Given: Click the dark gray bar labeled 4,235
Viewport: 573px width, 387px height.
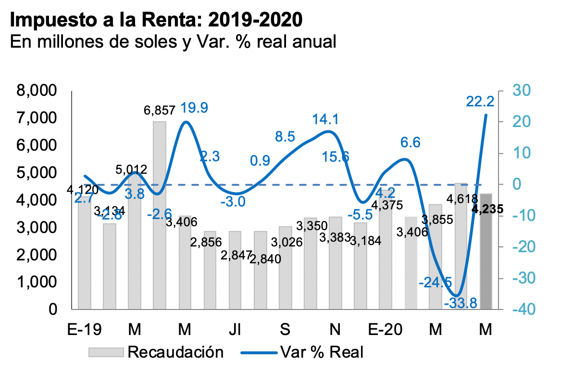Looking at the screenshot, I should click(x=486, y=251).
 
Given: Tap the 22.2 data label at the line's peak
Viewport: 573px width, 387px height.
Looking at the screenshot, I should click(x=480, y=102).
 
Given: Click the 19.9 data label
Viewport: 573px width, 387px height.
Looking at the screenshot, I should click(x=194, y=108).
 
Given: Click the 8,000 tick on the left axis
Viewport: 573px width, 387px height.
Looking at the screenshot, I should click(x=37, y=91).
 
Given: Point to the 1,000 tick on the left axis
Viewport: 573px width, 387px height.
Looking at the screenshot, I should click(x=37, y=282).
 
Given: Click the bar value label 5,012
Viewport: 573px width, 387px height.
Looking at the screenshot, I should click(x=131, y=169).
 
